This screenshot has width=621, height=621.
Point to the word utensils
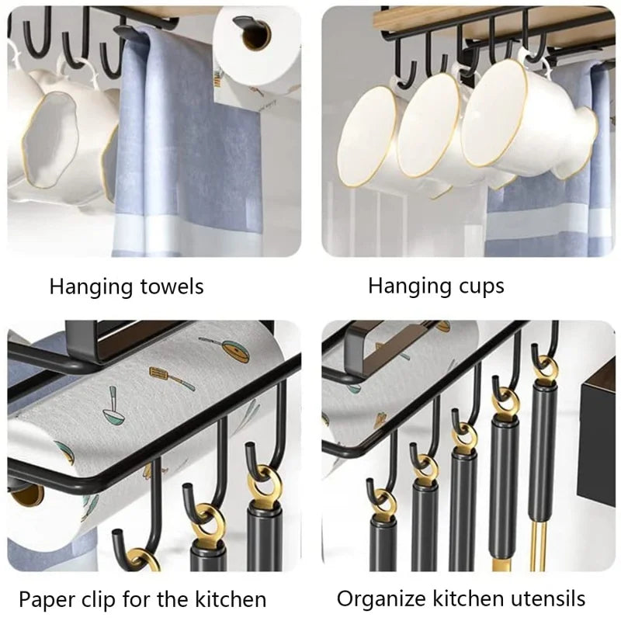click(x=547, y=598)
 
